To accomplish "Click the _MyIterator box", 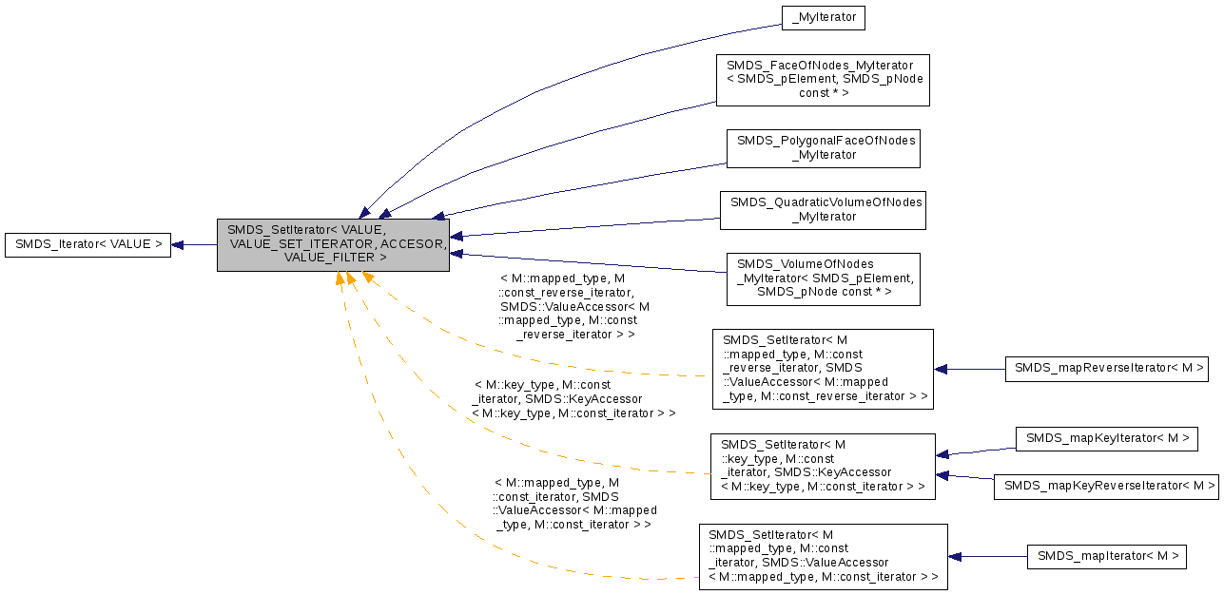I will click(824, 17).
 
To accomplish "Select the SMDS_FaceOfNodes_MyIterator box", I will click(822, 79).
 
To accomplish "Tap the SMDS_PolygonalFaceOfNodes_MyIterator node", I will click(823, 147).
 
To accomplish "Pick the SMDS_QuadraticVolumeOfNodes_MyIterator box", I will click(823, 209).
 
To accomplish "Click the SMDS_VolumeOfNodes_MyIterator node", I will click(823, 278).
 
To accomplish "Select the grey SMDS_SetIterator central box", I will click(333, 244).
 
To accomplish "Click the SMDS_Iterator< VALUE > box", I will click(87, 244).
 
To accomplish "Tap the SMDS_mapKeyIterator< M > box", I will click(1106, 438).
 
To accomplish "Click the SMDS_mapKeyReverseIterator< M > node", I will click(1106, 486).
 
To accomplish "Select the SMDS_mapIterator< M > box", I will click(1106, 556).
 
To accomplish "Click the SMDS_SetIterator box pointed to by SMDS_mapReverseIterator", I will click(822, 369).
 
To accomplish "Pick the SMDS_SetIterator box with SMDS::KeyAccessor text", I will click(822, 466).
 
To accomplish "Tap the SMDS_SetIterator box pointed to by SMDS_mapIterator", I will click(822, 556).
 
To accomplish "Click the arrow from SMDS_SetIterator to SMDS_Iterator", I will click(194, 244).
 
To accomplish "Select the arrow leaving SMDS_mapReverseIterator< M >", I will click(969, 369).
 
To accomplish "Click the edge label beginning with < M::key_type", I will click(573, 399).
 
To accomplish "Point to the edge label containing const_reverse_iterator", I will click(573, 306).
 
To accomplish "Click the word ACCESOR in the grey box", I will click(413, 244).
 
